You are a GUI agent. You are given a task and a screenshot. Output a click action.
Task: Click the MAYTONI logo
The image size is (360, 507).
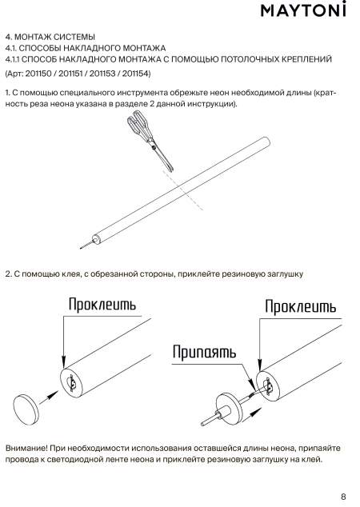click(x=303, y=10)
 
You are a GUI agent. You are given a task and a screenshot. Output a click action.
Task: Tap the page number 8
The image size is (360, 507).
click(x=343, y=497)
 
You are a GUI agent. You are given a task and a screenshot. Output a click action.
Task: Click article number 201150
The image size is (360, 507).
click(x=38, y=74)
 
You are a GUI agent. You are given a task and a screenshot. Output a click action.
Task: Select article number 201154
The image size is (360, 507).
click(x=135, y=74)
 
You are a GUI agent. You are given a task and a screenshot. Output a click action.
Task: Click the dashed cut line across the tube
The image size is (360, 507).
click(x=182, y=191)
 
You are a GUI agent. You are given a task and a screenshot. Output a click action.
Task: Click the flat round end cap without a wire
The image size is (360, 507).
click(x=26, y=409)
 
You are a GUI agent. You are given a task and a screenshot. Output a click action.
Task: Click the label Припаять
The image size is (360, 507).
click(x=204, y=352)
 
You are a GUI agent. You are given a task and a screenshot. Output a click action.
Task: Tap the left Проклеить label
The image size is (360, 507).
click(x=102, y=305)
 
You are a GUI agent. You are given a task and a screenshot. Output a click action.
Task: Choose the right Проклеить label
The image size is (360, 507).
click(x=301, y=306)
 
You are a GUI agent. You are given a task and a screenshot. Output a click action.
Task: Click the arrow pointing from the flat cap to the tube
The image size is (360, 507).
click(x=49, y=397)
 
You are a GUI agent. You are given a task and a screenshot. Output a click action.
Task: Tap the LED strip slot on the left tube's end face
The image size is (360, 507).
click(x=73, y=383)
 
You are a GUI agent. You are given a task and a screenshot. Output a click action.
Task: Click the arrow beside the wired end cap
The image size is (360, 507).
click(x=251, y=414)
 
